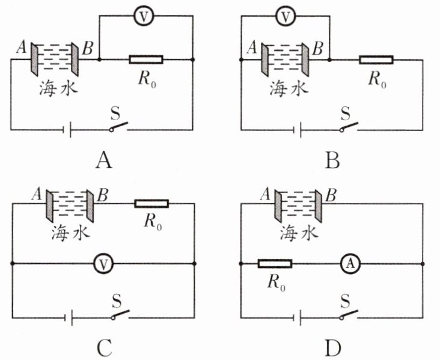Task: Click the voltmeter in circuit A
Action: coord(144,16)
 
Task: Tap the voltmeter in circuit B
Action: coord(286,16)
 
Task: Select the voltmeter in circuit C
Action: coord(103,264)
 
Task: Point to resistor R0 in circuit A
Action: coord(146,59)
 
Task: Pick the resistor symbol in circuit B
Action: coord(376,59)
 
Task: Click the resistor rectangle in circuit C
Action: coord(152,203)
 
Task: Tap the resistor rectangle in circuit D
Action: coord(275,264)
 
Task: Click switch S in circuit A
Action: coord(118,127)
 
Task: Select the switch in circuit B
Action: coord(349,127)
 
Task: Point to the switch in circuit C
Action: coord(120,314)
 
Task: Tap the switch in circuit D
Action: coord(349,314)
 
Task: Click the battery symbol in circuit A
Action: coord(67,130)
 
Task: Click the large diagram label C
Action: coord(105,347)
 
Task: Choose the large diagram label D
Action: coord(333,347)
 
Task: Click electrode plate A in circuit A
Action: coord(34,59)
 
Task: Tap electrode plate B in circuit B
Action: coord(305,59)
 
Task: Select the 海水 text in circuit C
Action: coord(70,233)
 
